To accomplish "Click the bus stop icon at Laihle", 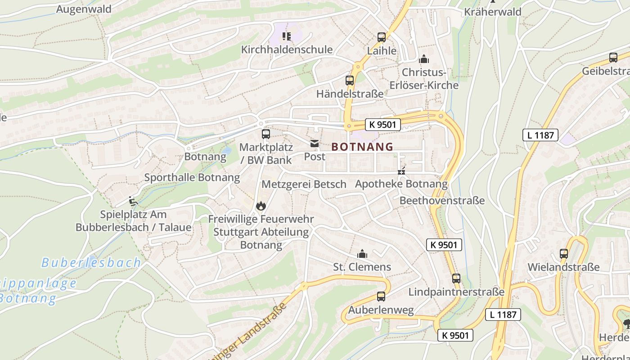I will pyautogui.click(x=382, y=37).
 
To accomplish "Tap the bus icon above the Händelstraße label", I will pyautogui.click(x=350, y=81).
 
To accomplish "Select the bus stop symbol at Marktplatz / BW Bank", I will pyautogui.click(x=265, y=134).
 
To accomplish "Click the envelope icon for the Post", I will pyautogui.click(x=314, y=144).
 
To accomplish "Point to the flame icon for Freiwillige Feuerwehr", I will pyautogui.click(x=261, y=206).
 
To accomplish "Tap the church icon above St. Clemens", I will pyautogui.click(x=362, y=254).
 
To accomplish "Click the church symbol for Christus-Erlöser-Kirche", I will pyautogui.click(x=423, y=59).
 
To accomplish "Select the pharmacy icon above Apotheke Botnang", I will pyautogui.click(x=401, y=171).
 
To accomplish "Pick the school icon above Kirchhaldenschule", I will pyautogui.click(x=287, y=36).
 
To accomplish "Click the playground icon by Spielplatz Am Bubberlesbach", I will pyautogui.click(x=133, y=201).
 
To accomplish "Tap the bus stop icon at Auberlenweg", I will pyautogui.click(x=381, y=297).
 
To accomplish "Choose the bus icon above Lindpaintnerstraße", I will pyautogui.click(x=456, y=279).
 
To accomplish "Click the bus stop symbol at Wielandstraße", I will pyautogui.click(x=564, y=254).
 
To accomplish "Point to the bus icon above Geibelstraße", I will pyautogui.click(x=613, y=58).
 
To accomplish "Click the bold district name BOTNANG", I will pyautogui.click(x=362, y=147).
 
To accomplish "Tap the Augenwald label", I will pyautogui.click(x=84, y=9).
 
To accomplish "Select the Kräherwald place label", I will pyautogui.click(x=492, y=12).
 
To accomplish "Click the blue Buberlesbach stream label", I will pyautogui.click(x=91, y=263).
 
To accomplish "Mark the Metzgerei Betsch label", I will pyautogui.click(x=304, y=184).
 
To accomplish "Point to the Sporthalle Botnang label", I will pyautogui.click(x=192, y=177).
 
